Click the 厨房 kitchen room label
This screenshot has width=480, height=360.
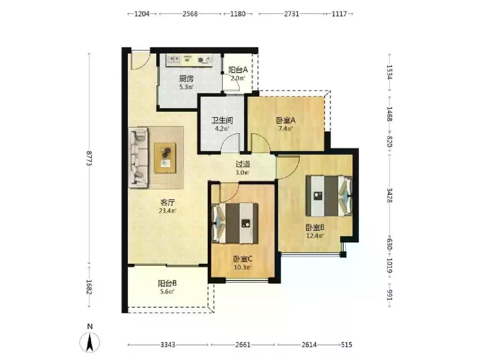pyautogui.click(x=186, y=78)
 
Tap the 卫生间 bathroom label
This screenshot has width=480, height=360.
pyautogui.click(x=222, y=120)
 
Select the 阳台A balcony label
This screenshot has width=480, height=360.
pyautogui.click(x=238, y=70)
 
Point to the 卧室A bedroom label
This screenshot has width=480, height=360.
pyautogui.click(x=285, y=120)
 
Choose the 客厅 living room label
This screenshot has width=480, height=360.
pyautogui.click(x=167, y=202)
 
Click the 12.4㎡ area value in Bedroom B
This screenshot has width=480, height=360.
pyautogui.click(x=315, y=236)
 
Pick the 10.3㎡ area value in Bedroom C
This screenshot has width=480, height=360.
pyautogui.click(x=242, y=267)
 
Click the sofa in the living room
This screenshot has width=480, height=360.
pyautogui.click(x=138, y=157)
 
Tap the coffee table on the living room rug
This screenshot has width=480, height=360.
pyautogui.click(x=165, y=158)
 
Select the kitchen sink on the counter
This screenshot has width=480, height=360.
pyautogui.click(x=174, y=59)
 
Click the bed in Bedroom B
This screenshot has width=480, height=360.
pyautogui.click(x=329, y=196)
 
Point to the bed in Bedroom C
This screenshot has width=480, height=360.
pyautogui.click(x=235, y=223)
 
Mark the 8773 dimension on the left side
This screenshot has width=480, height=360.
pyautogui.click(x=90, y=158)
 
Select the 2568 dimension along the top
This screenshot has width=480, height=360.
pyautogui.click(x=190, y=14)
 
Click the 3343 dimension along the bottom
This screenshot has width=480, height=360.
pyautogui.click(x=168, y=345)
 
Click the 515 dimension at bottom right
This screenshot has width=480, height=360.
pyautogui.click(x=346, y=345)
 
